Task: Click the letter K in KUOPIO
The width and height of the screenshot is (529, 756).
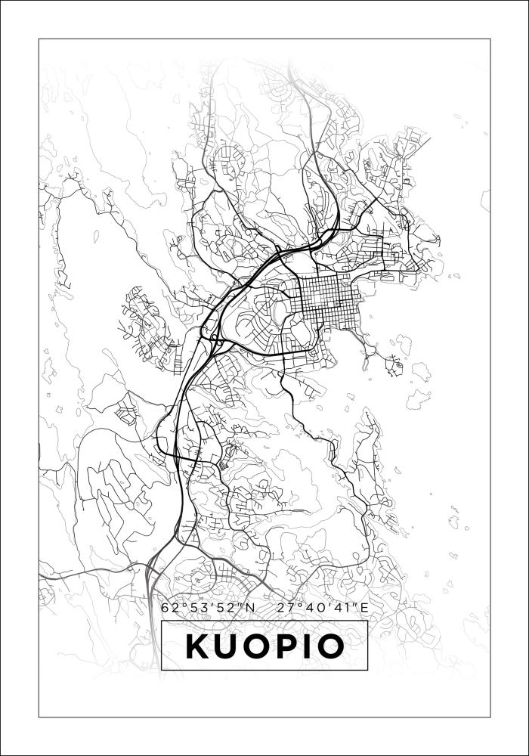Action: pos(198,646)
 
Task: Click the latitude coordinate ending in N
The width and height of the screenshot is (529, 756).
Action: pos(209,607)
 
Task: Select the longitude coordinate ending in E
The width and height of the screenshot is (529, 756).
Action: pos(323,607)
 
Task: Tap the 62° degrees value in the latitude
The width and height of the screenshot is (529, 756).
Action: pos(171,607)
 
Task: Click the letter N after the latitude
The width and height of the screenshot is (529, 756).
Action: pos(251,607)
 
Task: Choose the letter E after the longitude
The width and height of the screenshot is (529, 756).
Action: pos(364,607)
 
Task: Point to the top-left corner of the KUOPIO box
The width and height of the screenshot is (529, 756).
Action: pos(162,622)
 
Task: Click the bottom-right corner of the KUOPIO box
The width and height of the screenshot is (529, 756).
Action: pos(367,670)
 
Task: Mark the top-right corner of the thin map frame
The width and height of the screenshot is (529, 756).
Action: pos(490,39)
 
